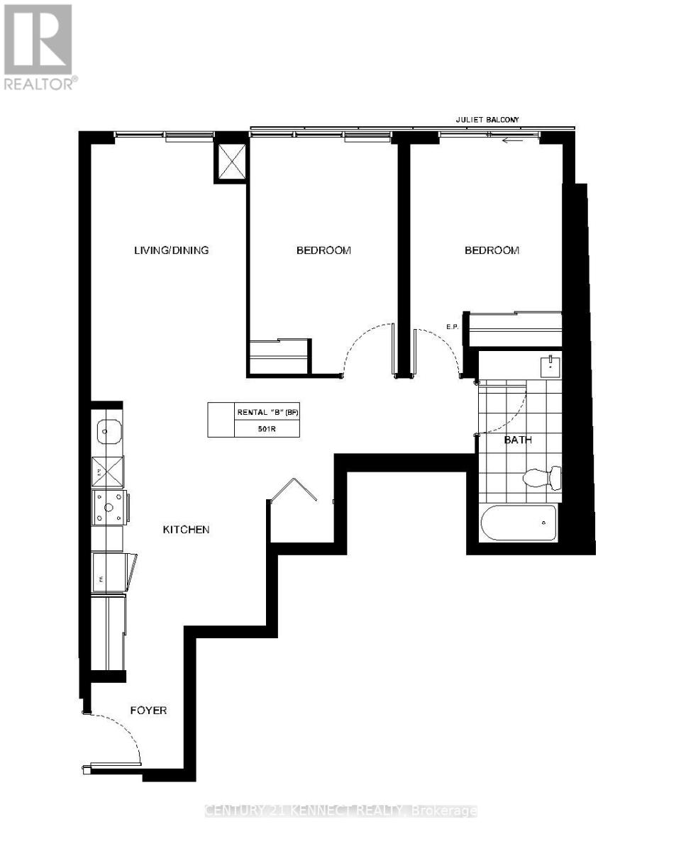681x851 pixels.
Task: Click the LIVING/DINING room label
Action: coord(172,250)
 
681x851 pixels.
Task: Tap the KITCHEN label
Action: coord(186,529)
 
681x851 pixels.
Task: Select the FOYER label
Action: coord(148,709)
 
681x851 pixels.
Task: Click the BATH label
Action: coord(518,440)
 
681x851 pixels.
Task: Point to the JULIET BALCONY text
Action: coord(488,121)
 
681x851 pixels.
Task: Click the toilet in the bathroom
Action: coord(543,477)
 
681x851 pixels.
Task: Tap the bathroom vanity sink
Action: coord(550,367)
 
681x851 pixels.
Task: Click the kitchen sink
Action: coord(109,430)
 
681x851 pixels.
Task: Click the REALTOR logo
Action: coord(39,47)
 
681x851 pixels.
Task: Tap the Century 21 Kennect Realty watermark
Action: coord(340,811)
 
